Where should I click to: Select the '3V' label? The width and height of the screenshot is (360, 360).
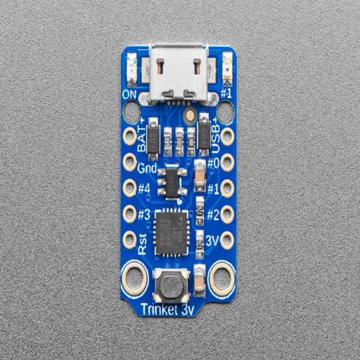[211, 240]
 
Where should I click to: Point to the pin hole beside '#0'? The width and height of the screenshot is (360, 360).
[227, 162]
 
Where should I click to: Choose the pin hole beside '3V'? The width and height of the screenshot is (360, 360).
[227, 241]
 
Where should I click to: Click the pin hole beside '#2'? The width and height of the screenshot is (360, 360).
[227, 214]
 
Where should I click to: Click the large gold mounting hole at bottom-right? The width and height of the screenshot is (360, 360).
[223, 278]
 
